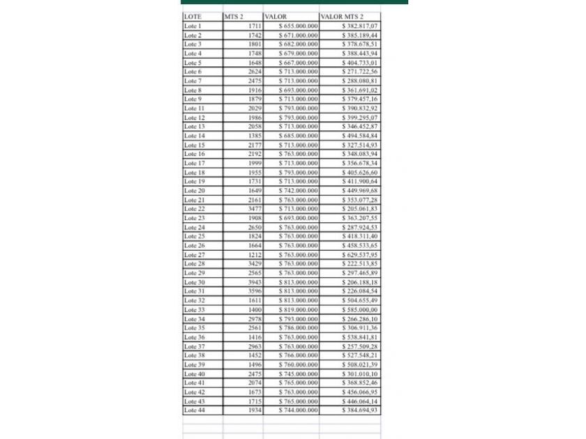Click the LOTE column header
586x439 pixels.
191,16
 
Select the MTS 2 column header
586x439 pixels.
234,16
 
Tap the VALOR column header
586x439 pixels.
276,16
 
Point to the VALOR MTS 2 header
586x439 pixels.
342,16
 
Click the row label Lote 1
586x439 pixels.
193,26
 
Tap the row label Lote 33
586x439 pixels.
194,309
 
